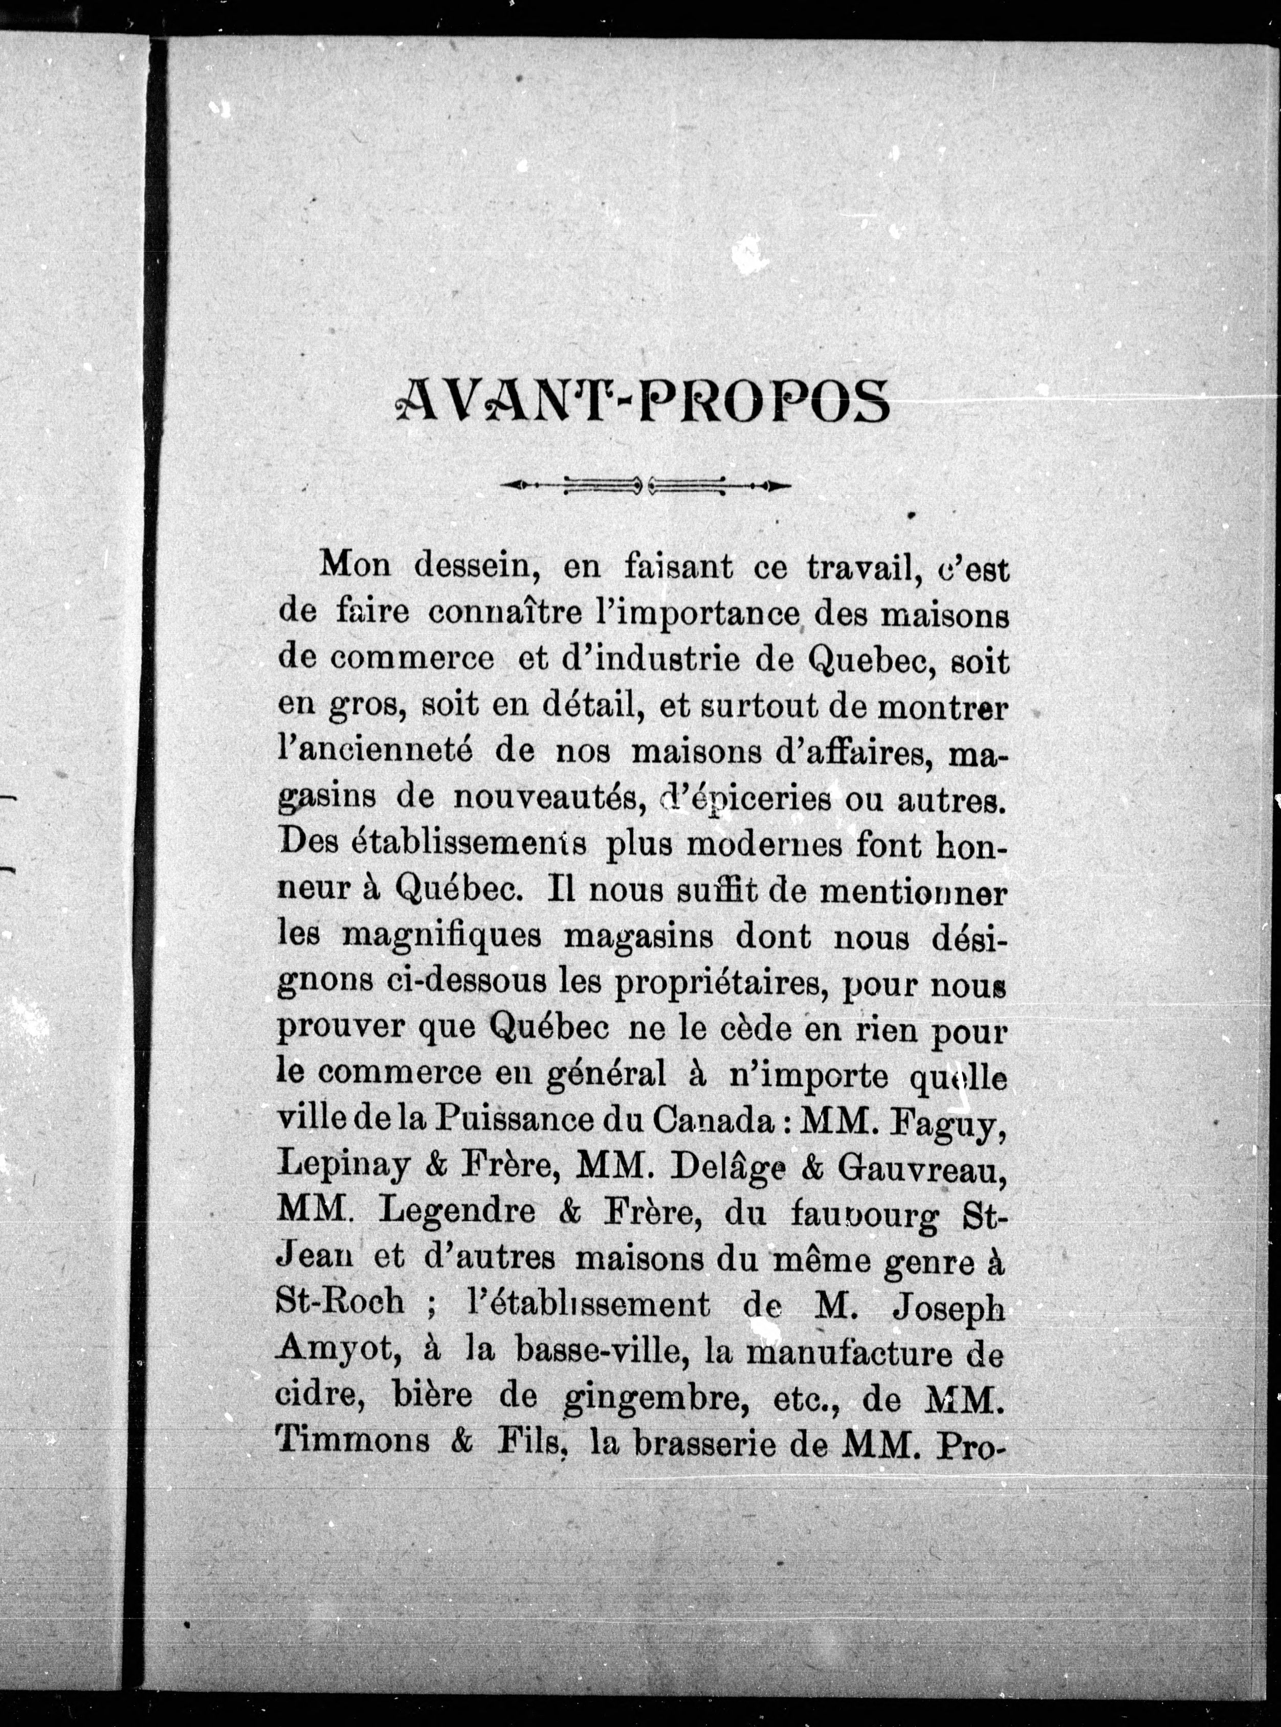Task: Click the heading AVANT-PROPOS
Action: tap(642, 401)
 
